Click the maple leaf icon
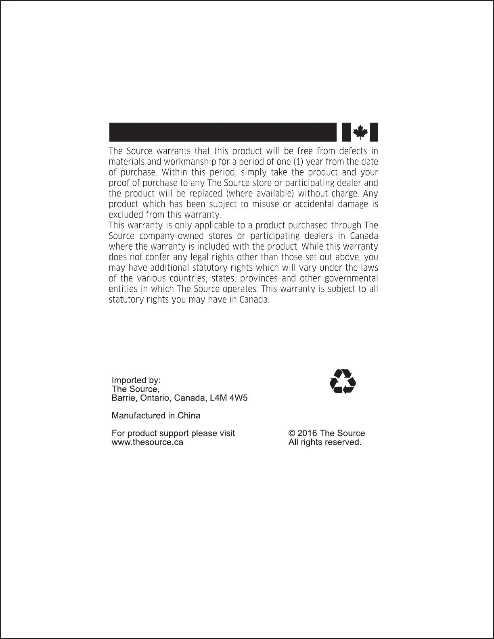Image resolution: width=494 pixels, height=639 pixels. pos(360,132)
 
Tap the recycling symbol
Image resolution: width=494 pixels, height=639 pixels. pos(343,381)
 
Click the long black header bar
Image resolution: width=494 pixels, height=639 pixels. pos(222,132)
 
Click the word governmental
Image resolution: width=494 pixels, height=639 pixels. pos(351,278)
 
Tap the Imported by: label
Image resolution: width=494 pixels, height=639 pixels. pos(136,380)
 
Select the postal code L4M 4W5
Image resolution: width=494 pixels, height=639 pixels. pos(229,398)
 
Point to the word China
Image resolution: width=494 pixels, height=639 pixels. pos(189,416)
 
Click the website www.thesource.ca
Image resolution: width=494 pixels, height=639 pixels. pos(147,442)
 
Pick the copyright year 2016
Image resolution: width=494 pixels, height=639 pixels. pos(307,433)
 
